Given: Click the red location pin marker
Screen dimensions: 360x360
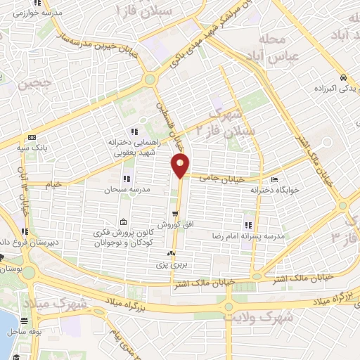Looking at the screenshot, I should [181, 166].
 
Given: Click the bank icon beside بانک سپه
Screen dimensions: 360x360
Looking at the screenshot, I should [32, 138].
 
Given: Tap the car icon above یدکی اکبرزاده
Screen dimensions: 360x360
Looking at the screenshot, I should [342, 78].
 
